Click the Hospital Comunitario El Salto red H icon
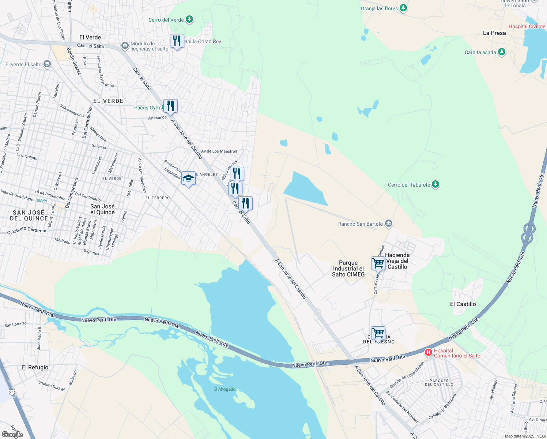[x=428, y=353]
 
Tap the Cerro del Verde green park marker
[x=189, y=19]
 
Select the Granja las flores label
[x=379, y=8]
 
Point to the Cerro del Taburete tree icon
[x=435, y=184]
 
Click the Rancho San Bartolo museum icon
[x=388, y=224]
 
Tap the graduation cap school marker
[x=188, y=178]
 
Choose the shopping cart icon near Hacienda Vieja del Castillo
[x=378, y=263]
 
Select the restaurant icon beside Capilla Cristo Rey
[x=177, y=41]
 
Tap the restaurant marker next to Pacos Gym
[x=170, y=106]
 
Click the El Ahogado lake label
[x=225, y=389]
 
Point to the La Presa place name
[x=494, y=33]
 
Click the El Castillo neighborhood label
[x=463, y=304]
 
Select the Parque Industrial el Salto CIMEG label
[x=348, y=269]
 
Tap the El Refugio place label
[x=35, y=367]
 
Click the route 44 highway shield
[x=12, y=392]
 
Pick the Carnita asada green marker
[x=502, y=52]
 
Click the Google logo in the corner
[x=12, y=434]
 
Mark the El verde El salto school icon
[x=47, y=64]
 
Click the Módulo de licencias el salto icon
[x=125, y=46]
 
